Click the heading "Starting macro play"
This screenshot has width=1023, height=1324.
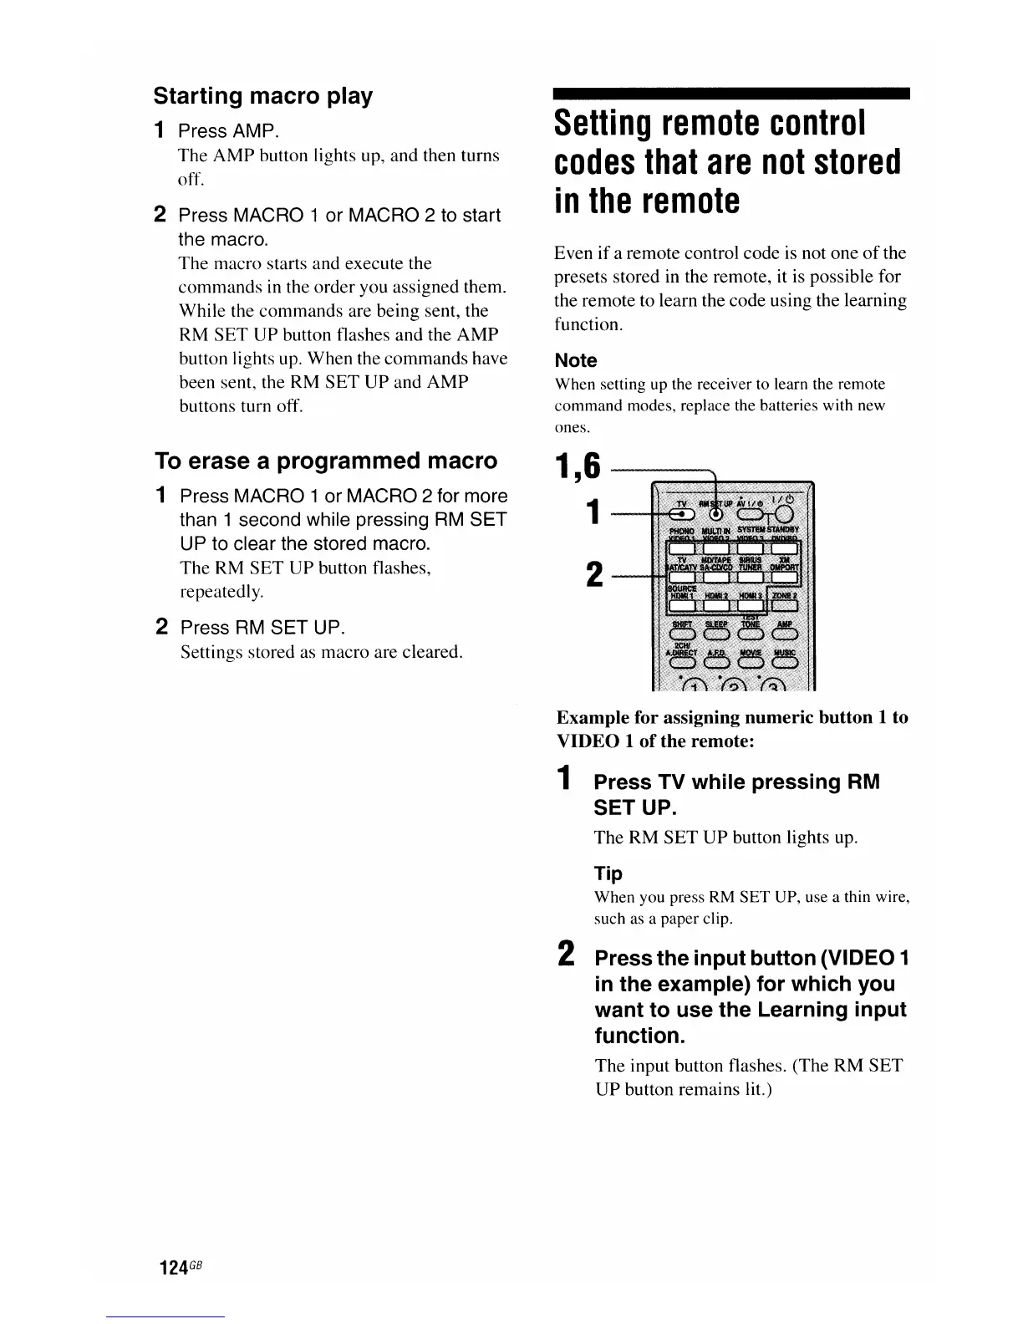click(262, 96)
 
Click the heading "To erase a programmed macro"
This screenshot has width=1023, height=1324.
click(325, 461)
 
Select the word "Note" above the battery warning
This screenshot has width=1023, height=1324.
click(576, 360)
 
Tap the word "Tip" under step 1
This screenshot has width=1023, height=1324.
click(608, 873)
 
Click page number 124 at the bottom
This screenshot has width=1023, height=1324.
click(173, 1267)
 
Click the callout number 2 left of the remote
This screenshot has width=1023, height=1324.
click(593, 574)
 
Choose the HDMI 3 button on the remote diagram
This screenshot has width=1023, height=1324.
click(751, 606)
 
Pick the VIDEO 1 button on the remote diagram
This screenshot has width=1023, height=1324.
click(682, 548)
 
